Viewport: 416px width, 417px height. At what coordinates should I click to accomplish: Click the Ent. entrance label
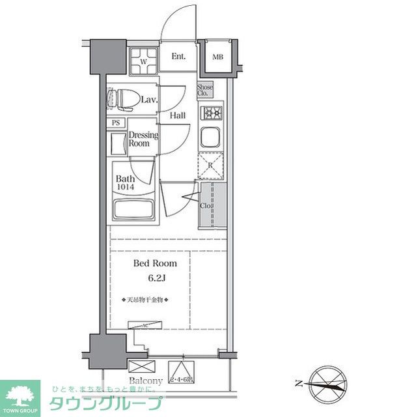tap(179, 57)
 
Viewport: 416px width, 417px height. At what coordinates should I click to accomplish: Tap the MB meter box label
tap(217, 57)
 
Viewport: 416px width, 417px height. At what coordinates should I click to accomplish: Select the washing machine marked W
tap(144, 63)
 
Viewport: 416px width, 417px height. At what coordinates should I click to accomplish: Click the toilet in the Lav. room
tap(124, 98)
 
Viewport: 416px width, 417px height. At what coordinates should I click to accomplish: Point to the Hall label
tap(177, 116)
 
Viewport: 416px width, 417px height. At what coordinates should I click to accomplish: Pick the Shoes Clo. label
tap(205, 90)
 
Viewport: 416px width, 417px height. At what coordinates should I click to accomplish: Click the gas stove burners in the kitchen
tap(212, 113)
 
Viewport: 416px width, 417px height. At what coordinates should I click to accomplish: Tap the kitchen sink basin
tap(211, 137)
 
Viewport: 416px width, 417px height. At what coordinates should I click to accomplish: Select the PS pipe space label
tap(117, 122)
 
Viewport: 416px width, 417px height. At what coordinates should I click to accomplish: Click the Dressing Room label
tap(143, 139)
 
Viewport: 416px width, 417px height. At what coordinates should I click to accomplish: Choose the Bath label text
tap(126, 179)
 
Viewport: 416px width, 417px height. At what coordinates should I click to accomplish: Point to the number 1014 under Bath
tap(127, 188)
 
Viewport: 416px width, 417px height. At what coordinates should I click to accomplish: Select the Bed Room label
tap(155, 264)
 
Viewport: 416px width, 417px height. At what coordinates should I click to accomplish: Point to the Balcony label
tap(146, 381)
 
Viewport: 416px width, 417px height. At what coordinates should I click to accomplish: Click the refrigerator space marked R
tap(211, 165)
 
